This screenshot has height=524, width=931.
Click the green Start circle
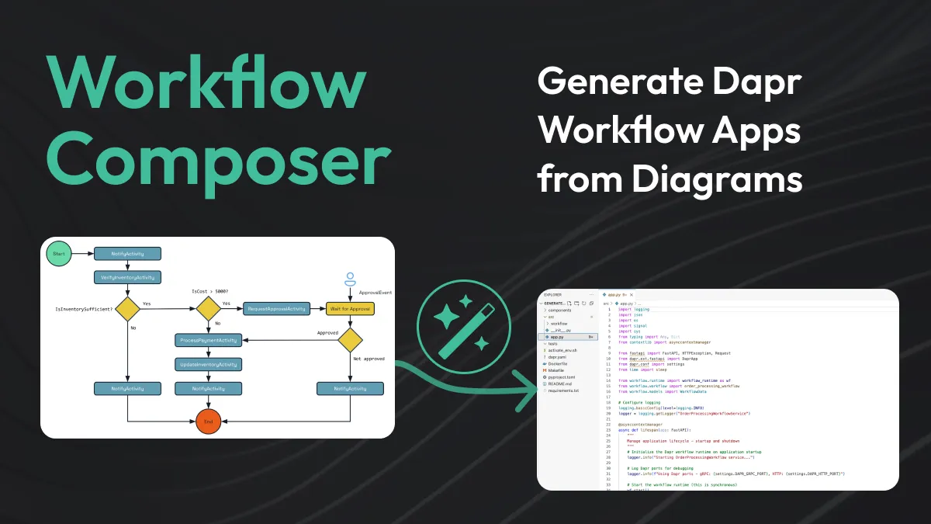click(x=58, y=254)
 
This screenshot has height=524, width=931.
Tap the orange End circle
click(x=208, y=421)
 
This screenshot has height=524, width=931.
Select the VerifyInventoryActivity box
click(x=127, y=277)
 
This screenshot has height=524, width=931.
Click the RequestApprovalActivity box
click(x=277, y=308)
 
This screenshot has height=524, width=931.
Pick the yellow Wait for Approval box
click(x=350, y=308)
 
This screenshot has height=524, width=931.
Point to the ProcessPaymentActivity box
click(x=208, y=339)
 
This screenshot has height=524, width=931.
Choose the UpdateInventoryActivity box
click(x=208, y=364)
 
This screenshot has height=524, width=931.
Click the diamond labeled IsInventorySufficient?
click(x=127, y=308)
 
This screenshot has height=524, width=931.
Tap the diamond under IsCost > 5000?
click(x=208, y=308)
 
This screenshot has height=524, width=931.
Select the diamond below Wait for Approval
click(x=350, y=339)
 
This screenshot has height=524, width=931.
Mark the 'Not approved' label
click(x=368, y=359)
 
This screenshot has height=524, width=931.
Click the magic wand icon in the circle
click(x=463, y=325)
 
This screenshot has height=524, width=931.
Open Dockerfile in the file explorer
click(x=559, y=363)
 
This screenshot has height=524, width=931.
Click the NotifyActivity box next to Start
click(x=127, y=254)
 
